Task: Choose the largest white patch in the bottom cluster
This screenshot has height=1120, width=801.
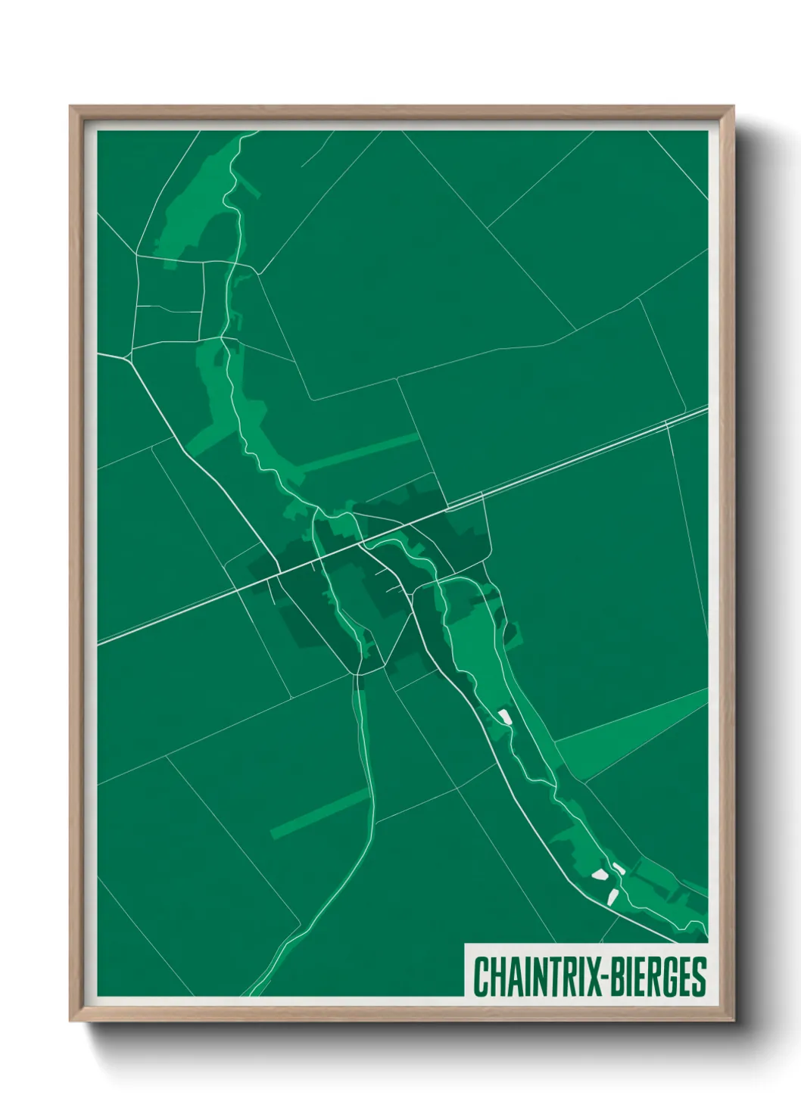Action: pyautogui.click(x=600, y=876)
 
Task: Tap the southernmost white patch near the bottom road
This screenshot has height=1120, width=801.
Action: pyautogui.click(x=613, y=896)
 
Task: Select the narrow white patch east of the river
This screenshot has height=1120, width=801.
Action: pyautogui.click(x=619, y=869)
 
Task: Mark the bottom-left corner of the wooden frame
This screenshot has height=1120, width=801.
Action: pyautogui.click(x=71, y=1021)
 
